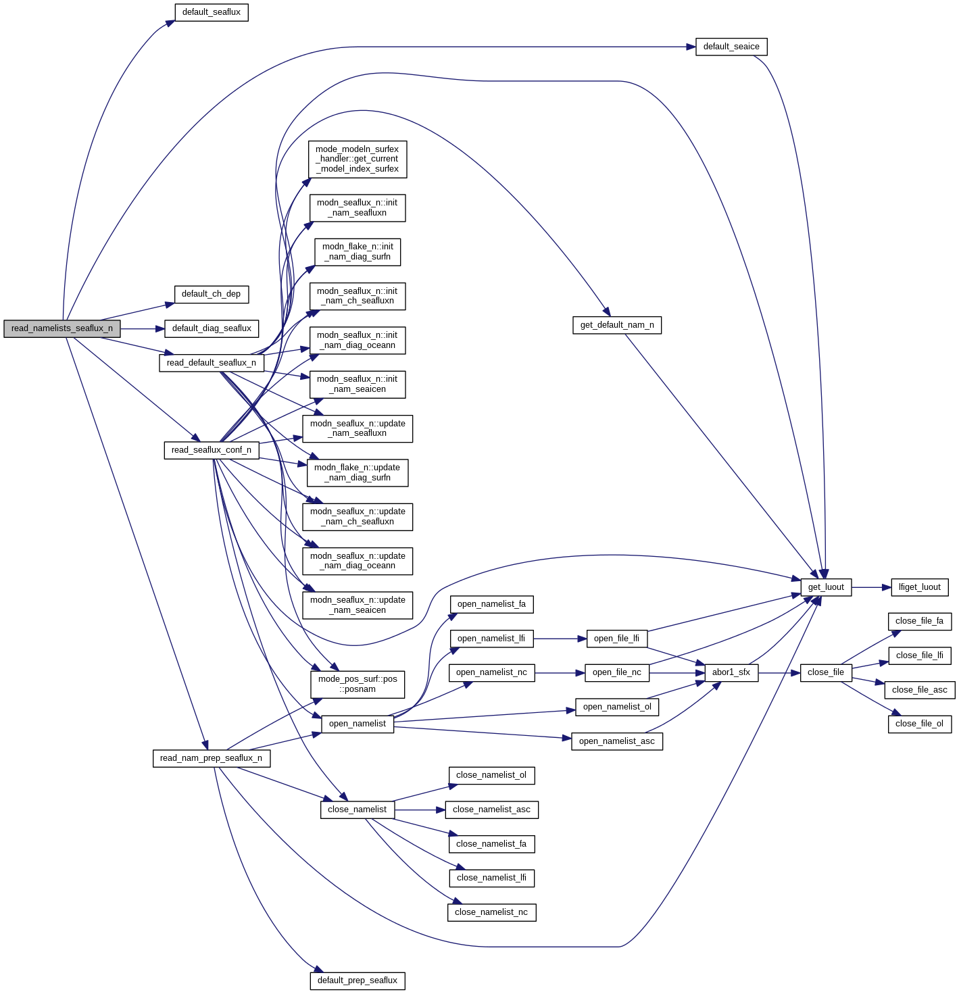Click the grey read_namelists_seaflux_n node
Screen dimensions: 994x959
[x=62, y=329]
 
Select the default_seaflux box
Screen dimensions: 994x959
[x=212, y=12]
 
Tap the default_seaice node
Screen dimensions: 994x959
[x=731, y=47]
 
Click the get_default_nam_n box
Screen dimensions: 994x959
[x=617, y=325]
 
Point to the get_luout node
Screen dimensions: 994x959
[x=826, y=587]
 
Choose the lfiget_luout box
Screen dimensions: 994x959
[x=920, y=587]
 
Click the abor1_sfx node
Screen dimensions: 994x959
[x=731, y=672]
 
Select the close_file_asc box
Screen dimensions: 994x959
[x=920, y=690]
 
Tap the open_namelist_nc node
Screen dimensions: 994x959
[x=491, y=672]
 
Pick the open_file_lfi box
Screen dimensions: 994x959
[x=616, y=639]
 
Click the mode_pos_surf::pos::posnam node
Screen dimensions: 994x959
[x=358, y=685]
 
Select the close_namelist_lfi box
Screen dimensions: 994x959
[x=491, y=878]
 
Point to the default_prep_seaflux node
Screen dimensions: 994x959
[x=358, y=980]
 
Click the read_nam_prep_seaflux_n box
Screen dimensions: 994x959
[x=212, y=758]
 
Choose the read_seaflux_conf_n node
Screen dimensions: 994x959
[x=212, y=450]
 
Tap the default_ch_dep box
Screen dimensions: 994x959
[x=212, y=294]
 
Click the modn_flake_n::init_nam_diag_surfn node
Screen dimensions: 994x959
[x=358, y=252]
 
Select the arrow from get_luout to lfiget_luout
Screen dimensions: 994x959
[x=871, y=587]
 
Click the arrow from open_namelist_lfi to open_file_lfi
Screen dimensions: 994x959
[x=560, y=639]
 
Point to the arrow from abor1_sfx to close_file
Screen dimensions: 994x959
[x=779, y=672]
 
